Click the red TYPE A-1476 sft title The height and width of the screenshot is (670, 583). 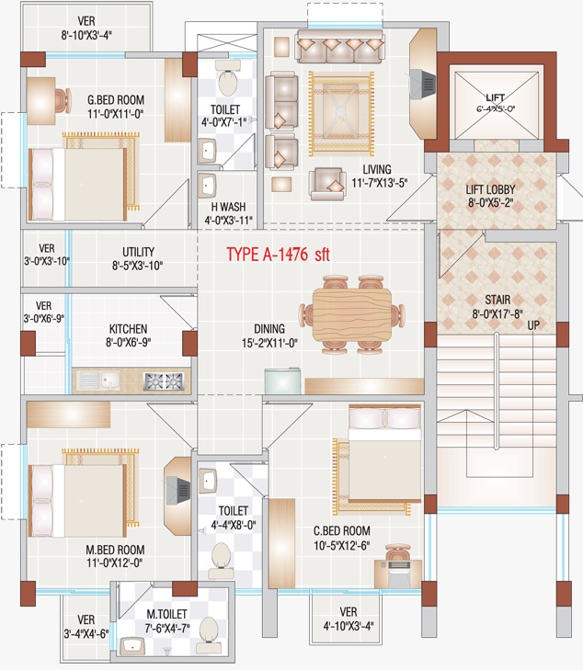click(x=278, y=255)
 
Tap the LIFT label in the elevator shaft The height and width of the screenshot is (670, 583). click(x=496, y=97)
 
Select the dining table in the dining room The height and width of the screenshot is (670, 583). click(x=352, y=314)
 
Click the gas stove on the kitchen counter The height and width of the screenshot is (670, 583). click(x=165, y=380)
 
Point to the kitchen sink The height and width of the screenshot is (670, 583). click(x=99, y=380)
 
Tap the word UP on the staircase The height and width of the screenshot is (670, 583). click(x=533, y=325)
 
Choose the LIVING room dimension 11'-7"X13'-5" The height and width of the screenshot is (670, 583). click(x=380, y=183)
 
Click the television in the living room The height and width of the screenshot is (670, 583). click(x=423, y=84)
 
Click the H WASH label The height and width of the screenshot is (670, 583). click(x=228, y=207)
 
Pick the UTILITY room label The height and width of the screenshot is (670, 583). click(x=138, y=251)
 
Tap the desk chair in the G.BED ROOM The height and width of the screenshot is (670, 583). click(x=63, y=101)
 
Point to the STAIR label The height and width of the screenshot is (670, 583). click(x=497, y=300)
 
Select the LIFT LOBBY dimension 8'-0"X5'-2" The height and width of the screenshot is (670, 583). click(x=490, y=202)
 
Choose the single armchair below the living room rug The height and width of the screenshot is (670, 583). click(x=328, y=184)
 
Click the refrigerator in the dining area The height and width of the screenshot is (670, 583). click(x=282, y=381)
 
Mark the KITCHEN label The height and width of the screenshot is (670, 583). click(x=128, y=329)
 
